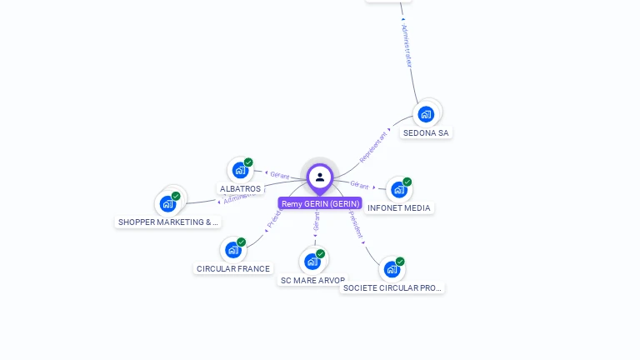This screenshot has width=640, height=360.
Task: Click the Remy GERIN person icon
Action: pos(320,177)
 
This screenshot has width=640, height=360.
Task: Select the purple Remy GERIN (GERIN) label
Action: pos(320,203)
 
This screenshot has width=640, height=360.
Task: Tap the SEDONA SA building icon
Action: pos(426,114)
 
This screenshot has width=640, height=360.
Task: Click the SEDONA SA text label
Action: pos(426,132)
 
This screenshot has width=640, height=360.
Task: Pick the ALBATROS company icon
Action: pos(241,170)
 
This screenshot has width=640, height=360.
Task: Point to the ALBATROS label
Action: pos(240,189)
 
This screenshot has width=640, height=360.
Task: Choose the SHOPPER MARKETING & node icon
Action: pos(168,203)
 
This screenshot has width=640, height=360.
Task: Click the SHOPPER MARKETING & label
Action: pos(167,222)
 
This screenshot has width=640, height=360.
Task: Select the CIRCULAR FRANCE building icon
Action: pos(233,249)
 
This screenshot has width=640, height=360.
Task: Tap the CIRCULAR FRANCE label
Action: pos(233,268)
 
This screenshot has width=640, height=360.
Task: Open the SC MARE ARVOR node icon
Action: pos(312,262)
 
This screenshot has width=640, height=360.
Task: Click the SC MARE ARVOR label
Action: pos(312,281)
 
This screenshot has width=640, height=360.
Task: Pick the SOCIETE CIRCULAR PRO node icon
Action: pos(392,269)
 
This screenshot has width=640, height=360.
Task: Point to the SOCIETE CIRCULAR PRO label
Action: pos(392,287)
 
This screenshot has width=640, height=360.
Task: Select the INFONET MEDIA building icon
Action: pos(399,189)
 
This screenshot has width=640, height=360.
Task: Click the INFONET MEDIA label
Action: pos(399,207)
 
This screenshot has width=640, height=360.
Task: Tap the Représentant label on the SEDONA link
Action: pos(373,146)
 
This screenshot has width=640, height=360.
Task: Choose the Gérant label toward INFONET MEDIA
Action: pos(359,185)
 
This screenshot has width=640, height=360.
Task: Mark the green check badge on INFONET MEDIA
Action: pos(407,182)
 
